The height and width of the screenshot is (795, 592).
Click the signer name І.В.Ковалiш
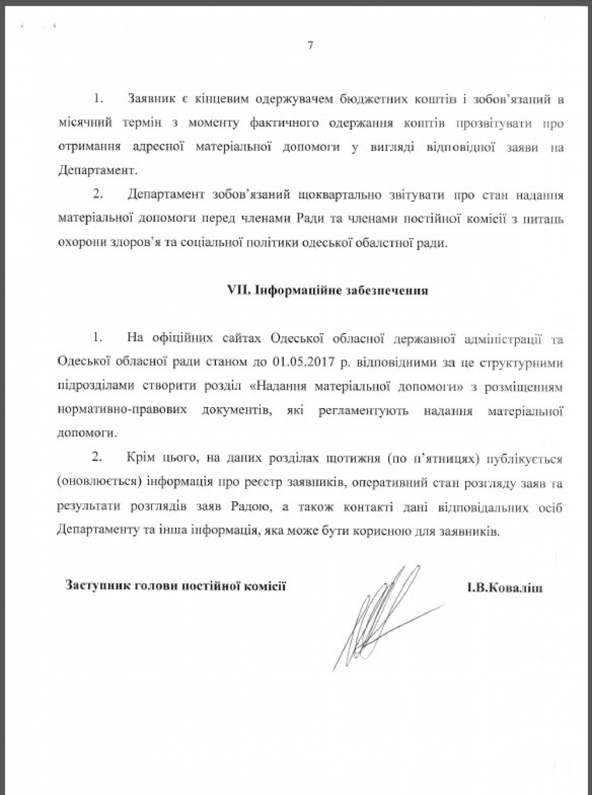(x=504, y=588)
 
